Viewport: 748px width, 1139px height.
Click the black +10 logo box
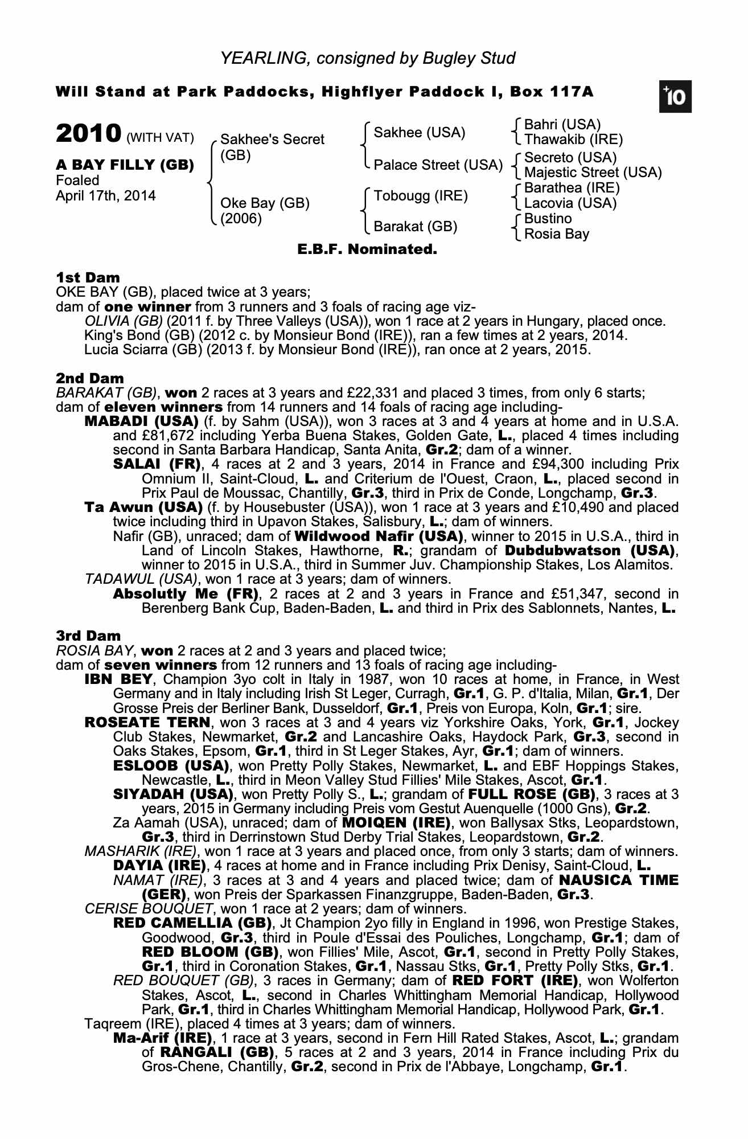coord(675,97)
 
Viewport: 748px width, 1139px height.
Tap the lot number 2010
coord(89,134)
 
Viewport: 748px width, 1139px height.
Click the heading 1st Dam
coord(88,277)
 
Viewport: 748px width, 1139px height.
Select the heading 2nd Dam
coord(89,378)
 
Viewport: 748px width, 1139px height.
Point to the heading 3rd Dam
coord(88,636)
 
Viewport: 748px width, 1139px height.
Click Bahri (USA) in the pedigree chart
coord(562,125)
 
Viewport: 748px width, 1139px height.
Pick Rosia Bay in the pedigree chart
coord(557,234)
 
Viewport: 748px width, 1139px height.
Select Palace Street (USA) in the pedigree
coord(438,165)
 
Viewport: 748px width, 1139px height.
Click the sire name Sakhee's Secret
coord(272,140)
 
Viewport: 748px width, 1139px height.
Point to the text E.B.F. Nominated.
coord(367,249)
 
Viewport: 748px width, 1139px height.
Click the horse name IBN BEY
coord(118,679)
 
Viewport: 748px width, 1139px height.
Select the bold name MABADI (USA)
coord(141,421)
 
